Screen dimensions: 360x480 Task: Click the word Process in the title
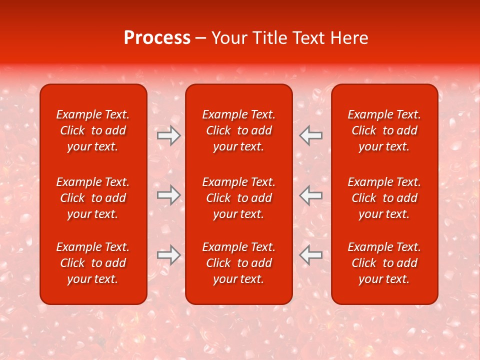click(x=157, y=38)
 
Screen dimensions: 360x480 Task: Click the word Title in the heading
click(x=270, y=38)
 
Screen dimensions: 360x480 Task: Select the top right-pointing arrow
click(x=169, y=135)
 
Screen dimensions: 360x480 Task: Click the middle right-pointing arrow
click(x=169, y=195)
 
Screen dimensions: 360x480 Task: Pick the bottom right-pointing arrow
click(x=169, y=255)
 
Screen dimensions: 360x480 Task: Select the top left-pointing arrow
click(x=311, y=135)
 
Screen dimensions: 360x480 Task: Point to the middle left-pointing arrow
click(x=311, y=195)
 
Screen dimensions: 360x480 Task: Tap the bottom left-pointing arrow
click(x=311, y=255)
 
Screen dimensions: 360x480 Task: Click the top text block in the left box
click(x=93, y=130)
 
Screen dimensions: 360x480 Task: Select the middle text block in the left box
click(x=93, y=198)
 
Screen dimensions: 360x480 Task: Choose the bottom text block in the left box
click(x=93, y=263)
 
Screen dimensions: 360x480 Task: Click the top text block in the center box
click(x=239, y=130)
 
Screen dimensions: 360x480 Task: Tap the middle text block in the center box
click(x=239, y=198)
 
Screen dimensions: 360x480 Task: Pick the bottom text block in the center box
click(x=239, y=263)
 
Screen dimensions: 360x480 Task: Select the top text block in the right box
click(x=384, y=130)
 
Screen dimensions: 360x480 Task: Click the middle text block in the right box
click(x=384, y=198)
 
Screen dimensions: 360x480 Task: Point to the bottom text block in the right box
click(x=384, y=263)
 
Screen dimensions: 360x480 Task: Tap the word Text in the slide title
click(x=309, y=38)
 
